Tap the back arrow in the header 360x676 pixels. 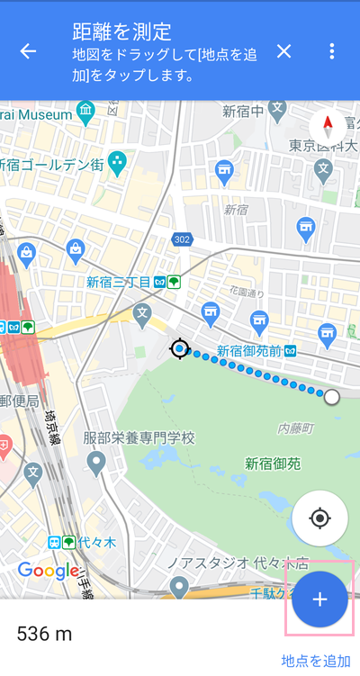pyautogui.click(x=29, y=51)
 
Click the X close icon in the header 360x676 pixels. pyautogui.click(x=284, y=51)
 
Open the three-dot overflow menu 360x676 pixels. pyautogui.click(x=332, y=51)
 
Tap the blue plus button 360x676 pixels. pyautogui.click(x=320, y=599)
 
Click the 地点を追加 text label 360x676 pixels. pyautogui.click(x=316, y=661)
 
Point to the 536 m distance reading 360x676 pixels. pyautogui.click(x=44, y=635)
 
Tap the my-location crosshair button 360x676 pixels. pyautogui.click(x=319, y=518)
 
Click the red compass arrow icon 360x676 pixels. pyautogui.click(x=328, y=126)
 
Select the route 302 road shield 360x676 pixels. pyautogui.click(x=183, y=239)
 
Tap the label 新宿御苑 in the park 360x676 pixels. pyautogui.click(x=273, y=464)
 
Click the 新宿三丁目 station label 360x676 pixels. pyautogui.click(x=118, y=282)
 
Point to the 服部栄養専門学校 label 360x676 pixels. pyautogui.click(x=139, y=438)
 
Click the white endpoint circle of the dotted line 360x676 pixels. pyautogui.click(x=332, y=397)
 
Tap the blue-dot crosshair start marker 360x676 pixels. pyautogui.click(x=180, y=348)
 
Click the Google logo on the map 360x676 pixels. pyautogui.click(x=49, y=570)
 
